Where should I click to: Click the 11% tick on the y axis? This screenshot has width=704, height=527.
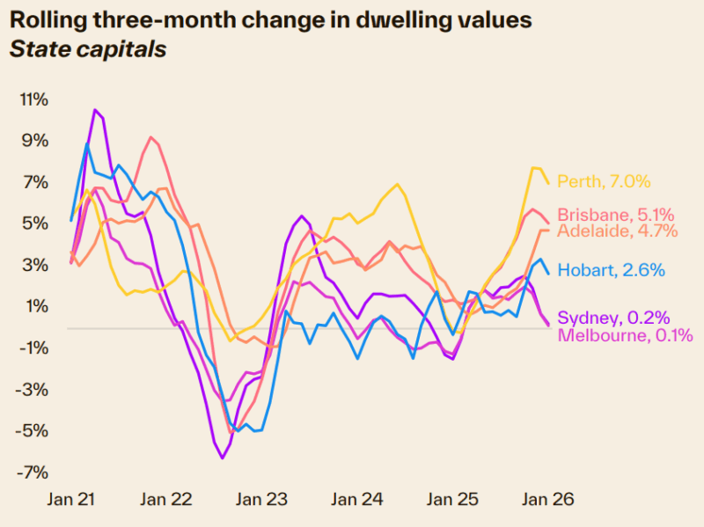33,99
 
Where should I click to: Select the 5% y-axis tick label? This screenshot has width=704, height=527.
37,223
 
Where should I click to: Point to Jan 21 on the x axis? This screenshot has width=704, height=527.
71,499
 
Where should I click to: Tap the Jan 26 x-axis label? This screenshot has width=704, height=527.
550,499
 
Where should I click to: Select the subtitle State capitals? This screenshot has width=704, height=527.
87,49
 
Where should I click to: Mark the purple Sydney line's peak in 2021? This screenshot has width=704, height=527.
95,110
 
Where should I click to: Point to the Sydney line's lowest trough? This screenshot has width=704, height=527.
222,457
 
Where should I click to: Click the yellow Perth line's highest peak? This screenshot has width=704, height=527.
534,167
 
